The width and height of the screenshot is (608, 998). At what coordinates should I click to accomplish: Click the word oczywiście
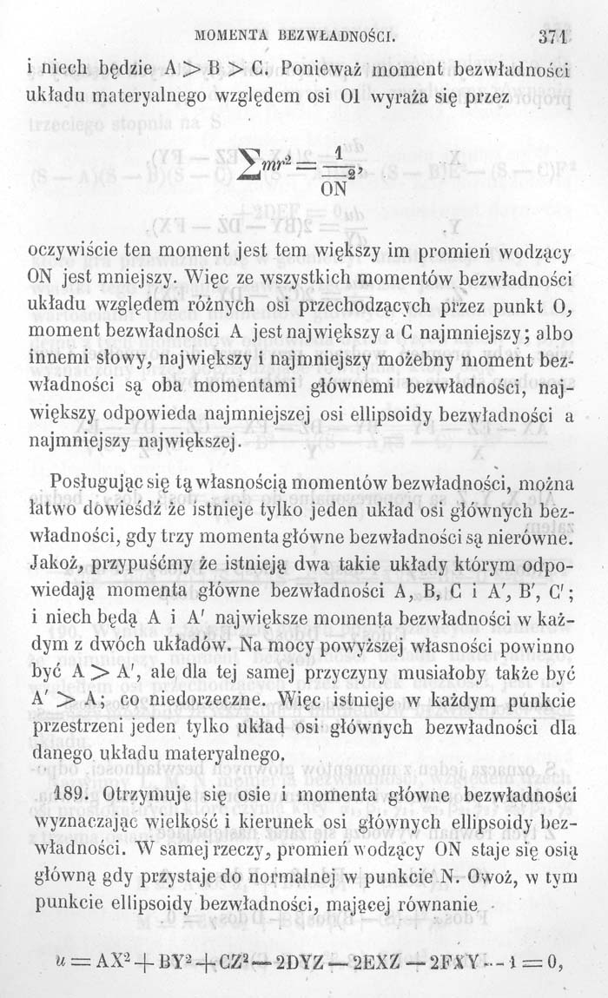(x=81, y=253)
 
